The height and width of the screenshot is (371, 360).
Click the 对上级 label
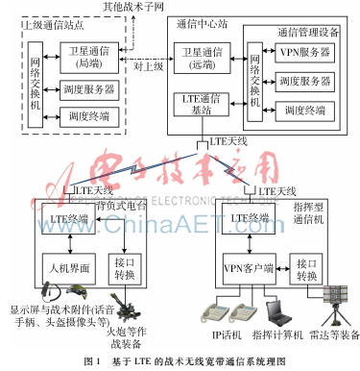(150, 67)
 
